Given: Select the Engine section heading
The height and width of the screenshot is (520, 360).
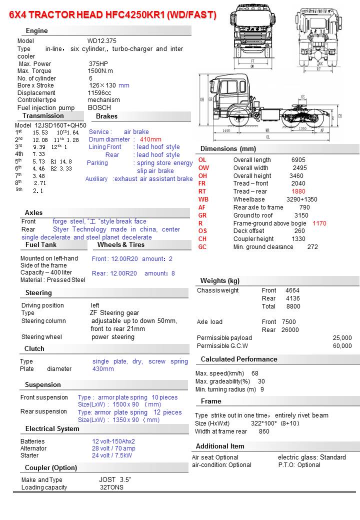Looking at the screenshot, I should click(36, 30).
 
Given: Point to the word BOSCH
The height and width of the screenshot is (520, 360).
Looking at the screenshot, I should click(99, 107).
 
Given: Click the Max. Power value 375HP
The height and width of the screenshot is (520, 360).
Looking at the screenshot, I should click(98, 64).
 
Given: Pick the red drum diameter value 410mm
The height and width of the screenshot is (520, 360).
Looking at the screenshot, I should click(150, 139).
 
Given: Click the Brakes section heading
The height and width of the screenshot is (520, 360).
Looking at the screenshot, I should click(106, 116).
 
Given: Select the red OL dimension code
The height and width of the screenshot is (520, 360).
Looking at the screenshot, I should click(202, 160).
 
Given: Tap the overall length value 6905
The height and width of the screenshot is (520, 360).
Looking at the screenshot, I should click(298, 160).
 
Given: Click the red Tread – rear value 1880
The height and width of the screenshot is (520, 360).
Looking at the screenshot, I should click(298, 191).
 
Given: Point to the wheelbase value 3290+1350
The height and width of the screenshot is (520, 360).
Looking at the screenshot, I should click(301, 199).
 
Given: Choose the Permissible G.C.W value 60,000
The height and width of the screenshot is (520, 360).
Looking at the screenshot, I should click(342, 346).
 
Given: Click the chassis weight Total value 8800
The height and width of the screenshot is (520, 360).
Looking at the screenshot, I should click(293, 306).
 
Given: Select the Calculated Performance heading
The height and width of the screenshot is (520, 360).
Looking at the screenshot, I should click(238, 359).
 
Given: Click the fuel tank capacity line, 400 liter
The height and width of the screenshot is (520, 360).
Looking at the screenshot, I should click(46, 272).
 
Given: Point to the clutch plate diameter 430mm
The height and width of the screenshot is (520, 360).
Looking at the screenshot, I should click(103, 369).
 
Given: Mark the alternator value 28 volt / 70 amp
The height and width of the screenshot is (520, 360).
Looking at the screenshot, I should click(113, 448).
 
